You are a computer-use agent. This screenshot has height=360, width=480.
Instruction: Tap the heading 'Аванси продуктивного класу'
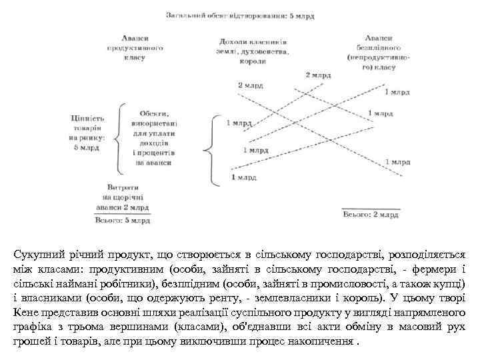tap(135, 48)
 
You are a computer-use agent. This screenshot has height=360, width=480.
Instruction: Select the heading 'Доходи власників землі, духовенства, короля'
tap(252, 51)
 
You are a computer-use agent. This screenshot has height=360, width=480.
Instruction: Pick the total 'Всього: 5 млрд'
tap(123, 219)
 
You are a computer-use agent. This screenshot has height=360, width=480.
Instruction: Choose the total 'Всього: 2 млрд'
tap(371, 215)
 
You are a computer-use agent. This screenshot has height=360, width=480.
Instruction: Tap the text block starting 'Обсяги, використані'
tap(154, 137)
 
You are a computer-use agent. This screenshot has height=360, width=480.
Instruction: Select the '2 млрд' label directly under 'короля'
tap(251, 86)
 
